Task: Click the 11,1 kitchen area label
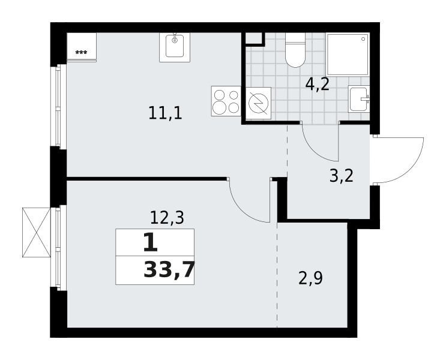(x=165, y=113)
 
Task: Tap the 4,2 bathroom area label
(x=317, y=84)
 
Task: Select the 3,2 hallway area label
(x=342, y=176)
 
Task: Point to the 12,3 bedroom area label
(x=167, y=218)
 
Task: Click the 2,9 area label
(x=310, y=278)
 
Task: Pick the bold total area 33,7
(x=169, y=270)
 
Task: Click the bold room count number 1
(x=150, y=242)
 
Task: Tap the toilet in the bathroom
(x=295, y=50)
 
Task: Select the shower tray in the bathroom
(x=348, y=55)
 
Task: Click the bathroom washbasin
(x=359, y=99)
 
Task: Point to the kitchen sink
(x=175, y=47)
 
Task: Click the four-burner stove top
(x=226, y=101)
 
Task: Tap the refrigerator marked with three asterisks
(x=82, y=47)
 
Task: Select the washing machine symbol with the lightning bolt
(x=258, y=103)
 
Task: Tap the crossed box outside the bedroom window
(x=37, y=233)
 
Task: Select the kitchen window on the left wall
(x=58, y=106)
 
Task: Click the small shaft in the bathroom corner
(x=253, y=38)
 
